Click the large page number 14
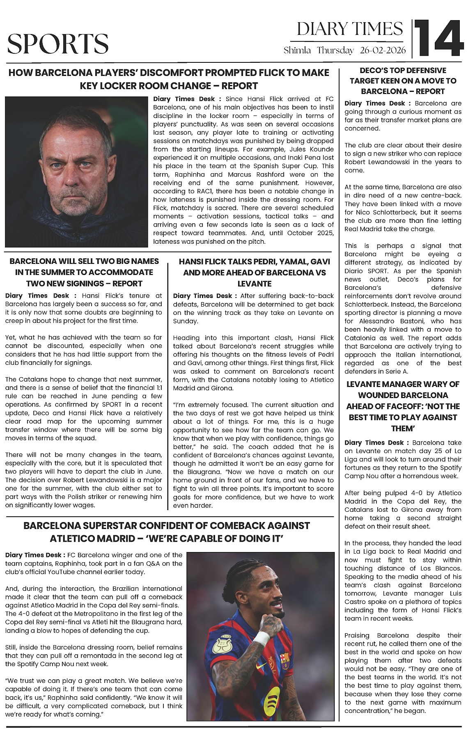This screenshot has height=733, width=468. click(438, 39)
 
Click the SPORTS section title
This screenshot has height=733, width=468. click(58, 44)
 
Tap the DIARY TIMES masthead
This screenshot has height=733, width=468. click(350, 29)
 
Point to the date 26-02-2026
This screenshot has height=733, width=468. click(383, 51)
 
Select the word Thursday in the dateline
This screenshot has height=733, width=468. click(335, 51)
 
